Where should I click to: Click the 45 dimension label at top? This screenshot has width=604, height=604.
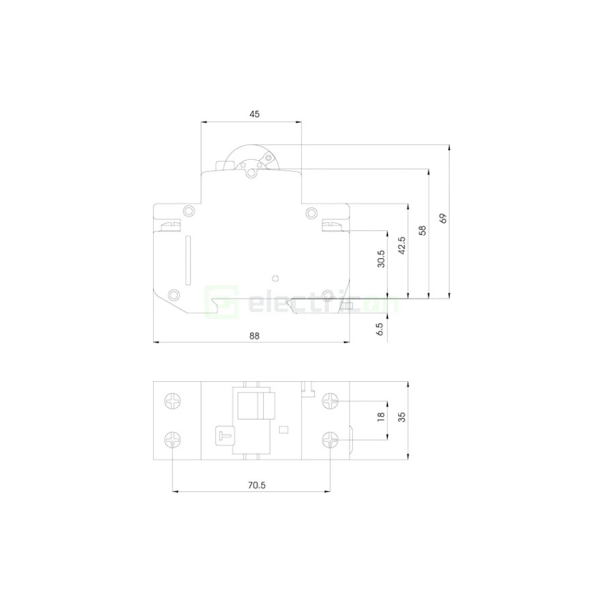[x=254, y=114]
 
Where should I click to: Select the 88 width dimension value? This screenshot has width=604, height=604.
[x=253, y=335]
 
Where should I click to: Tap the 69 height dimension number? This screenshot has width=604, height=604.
[x=443, y=218]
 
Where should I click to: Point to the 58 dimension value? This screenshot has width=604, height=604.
[x=422, y=230]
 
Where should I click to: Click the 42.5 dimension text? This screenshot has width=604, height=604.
[x=402, y=246]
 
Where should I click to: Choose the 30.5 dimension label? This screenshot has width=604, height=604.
[x=381, y=259]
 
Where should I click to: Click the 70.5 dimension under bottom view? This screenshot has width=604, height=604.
[x=253, y=485]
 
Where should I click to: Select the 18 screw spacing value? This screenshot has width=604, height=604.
[x=381, y=417]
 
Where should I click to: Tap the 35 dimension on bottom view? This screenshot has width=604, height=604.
[x=402, y=417]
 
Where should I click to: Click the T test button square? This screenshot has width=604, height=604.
[x=223, y=436]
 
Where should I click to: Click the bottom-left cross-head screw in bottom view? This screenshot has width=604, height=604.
[x=172, y=440]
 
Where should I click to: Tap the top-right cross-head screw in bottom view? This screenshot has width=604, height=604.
[x=330, y=401]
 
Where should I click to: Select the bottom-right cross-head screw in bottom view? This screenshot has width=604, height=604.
[x=330, y=440]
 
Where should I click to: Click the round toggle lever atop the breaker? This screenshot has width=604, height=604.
[x=250, y=161]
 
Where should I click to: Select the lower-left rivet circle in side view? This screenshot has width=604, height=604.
[x=174, y=295]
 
